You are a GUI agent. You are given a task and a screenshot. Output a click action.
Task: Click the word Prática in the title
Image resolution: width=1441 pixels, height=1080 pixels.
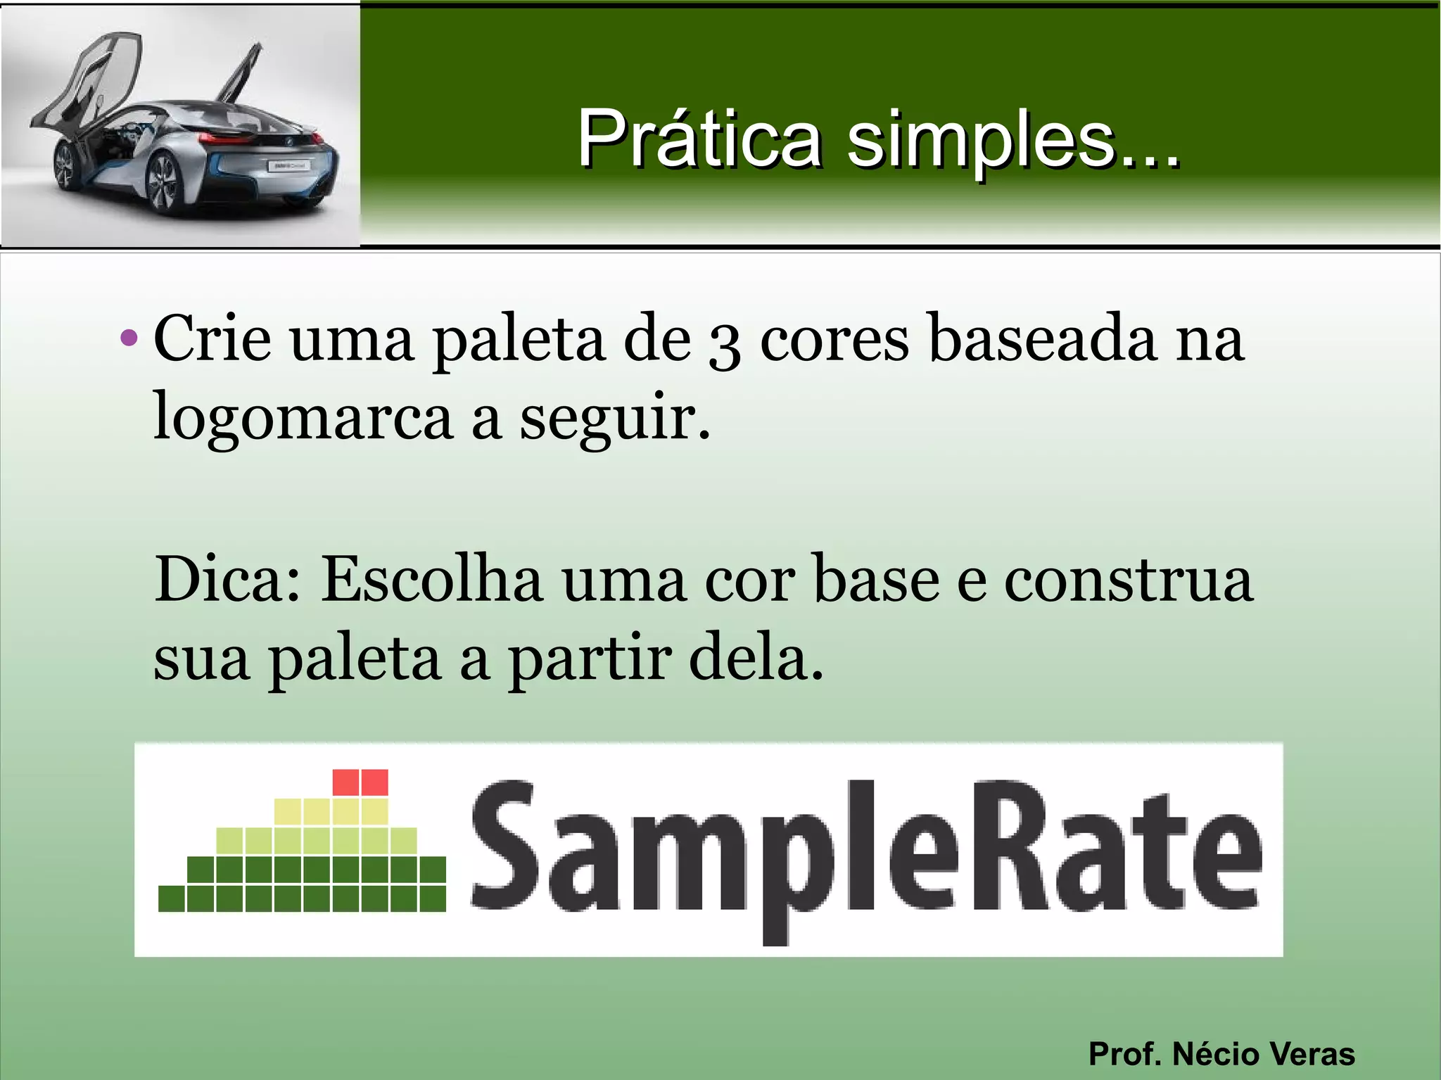tap(699, 139)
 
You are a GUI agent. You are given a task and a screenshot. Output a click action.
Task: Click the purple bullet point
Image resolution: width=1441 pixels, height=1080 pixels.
tap(129, 338)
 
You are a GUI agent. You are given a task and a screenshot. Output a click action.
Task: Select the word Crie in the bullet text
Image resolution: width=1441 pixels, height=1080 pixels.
tap(212, 339)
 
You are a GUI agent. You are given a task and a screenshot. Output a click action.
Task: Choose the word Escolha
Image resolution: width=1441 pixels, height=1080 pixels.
tap(431, 580)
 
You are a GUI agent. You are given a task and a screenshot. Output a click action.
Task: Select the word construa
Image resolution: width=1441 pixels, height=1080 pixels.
tap(1128, 580)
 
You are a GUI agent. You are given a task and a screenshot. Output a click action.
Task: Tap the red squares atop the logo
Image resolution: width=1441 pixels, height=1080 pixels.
tap(360, 782)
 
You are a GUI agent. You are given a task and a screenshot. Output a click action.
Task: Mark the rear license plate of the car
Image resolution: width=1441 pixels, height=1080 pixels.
tap(288, 166)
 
